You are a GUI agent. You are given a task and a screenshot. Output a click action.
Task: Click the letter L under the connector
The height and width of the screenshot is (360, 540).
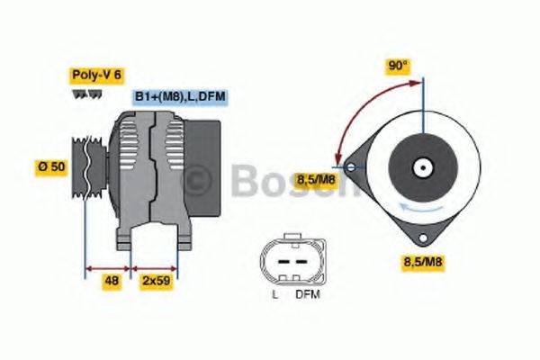(x=274, y=294)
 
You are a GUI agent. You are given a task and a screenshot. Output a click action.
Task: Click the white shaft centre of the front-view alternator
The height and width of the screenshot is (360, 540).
(x=420, y=166)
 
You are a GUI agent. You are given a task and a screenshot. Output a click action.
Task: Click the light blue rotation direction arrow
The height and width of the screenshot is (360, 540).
(x=416, y=210)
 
